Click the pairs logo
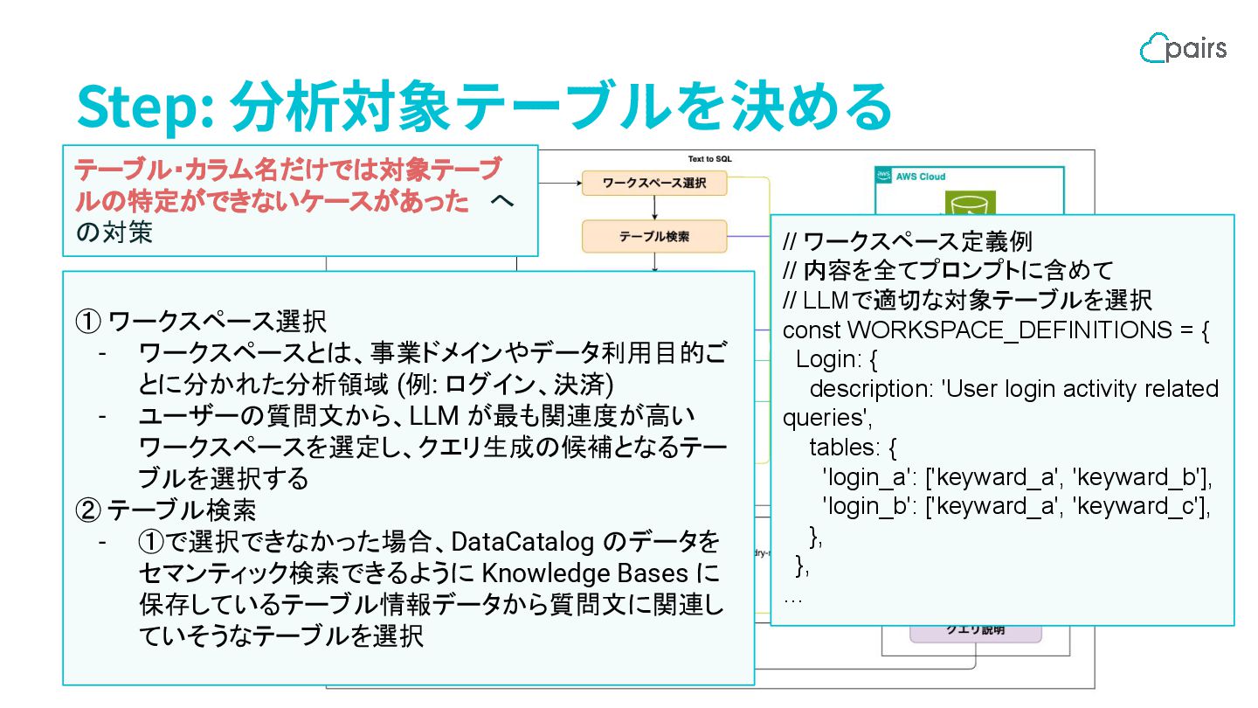(x=1183, y=47)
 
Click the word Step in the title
(x=144, y=108)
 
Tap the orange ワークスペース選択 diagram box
(x=654, y=184)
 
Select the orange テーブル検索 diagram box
(x=654, y=235)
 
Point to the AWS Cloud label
(x=921, y=177)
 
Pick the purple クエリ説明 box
(x=975, y=629)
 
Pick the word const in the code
(x=812, y=331)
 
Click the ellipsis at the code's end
(x=792, y=600)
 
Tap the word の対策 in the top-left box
(x=114, y=233)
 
